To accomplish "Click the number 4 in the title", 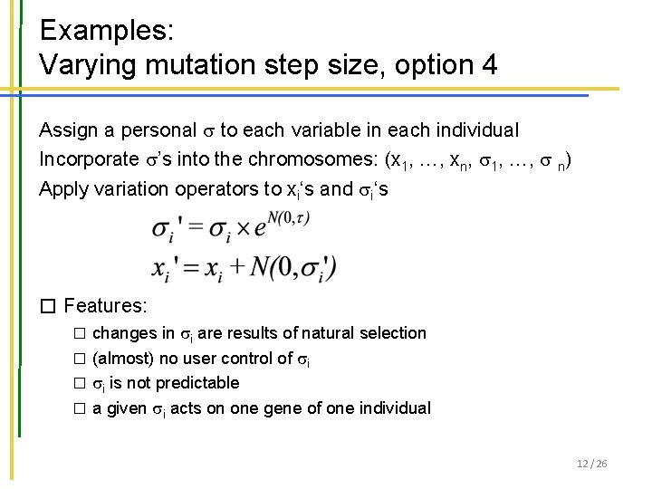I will (x=489, y=65).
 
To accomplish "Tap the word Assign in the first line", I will (x=68, y=130).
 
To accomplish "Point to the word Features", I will (x=105, y=307).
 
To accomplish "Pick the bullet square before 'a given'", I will (x=79, y=408).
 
